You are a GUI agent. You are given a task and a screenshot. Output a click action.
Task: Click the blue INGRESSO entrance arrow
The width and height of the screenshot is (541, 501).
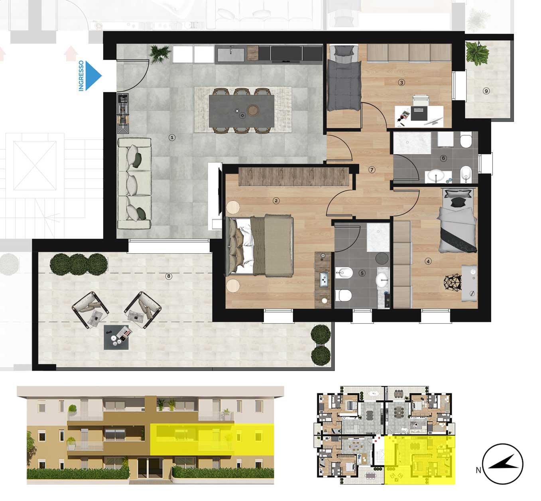click(x=92, y=75)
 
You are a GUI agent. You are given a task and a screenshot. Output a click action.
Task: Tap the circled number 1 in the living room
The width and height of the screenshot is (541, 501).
click(x=172, y=138)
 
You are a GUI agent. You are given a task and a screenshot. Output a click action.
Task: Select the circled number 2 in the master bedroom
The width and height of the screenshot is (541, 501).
click(x=276, y=201)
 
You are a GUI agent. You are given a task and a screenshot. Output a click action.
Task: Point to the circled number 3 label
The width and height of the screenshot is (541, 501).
click(x=401, y=82)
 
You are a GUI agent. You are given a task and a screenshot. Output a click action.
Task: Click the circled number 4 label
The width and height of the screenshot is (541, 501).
click(x=428, y=262)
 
